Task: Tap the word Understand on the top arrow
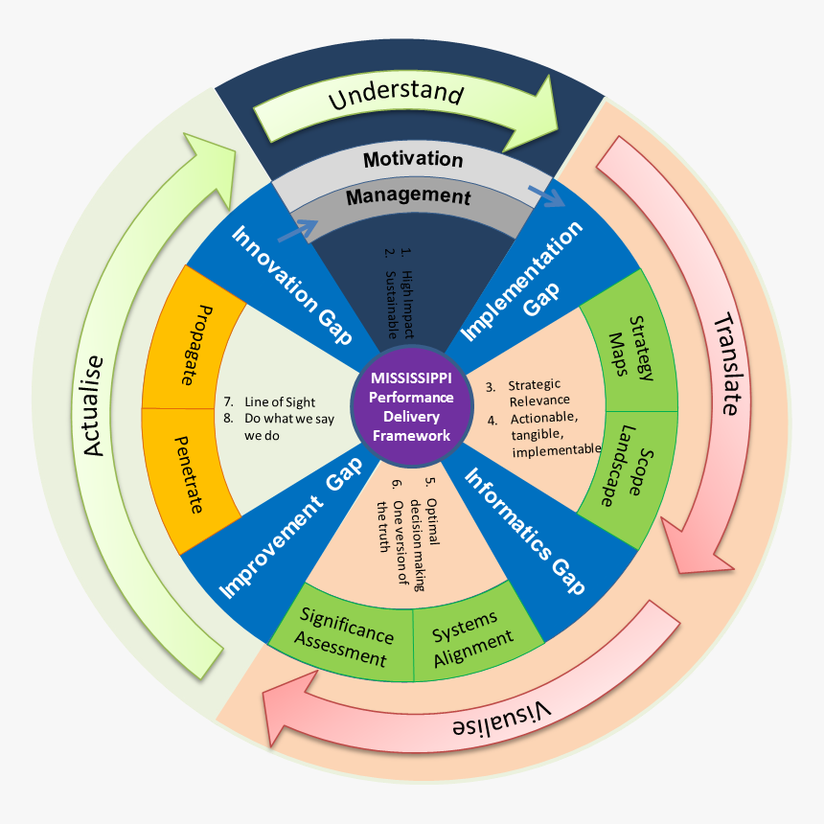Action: pyautogui.click(x=396, y=95)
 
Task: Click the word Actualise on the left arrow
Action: pyautogui.click(x=93, y=405)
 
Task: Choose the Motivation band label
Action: pyautogui.click(x=413, y=160)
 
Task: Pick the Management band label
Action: pyautogui.click(x=408, y=196)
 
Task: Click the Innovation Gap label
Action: pyautogui.click(x=290, y=285)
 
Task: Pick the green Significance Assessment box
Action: pyautogui.click(x=345, y=637)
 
